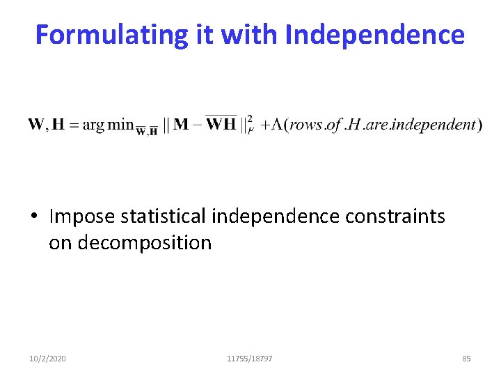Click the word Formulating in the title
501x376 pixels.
pyautogui.click(x=112, y=34)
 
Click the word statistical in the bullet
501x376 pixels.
pyautogui.click(x=164, y=217)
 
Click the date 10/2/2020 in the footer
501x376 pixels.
pyautogui.click(x=48, y=359)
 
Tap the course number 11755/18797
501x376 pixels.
pyautogui.click(x=250, y=359)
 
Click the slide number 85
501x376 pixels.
pyautogui.click(x=466, y=359)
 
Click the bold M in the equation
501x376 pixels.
pyautogui.click(x=181, y=125)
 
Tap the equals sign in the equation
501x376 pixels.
pyautogui.click(x=74, y=125)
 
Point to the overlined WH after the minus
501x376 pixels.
pyautogui.click(x=221, y=125)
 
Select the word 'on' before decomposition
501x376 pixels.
pyautogui.click(x=61, y=243)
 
